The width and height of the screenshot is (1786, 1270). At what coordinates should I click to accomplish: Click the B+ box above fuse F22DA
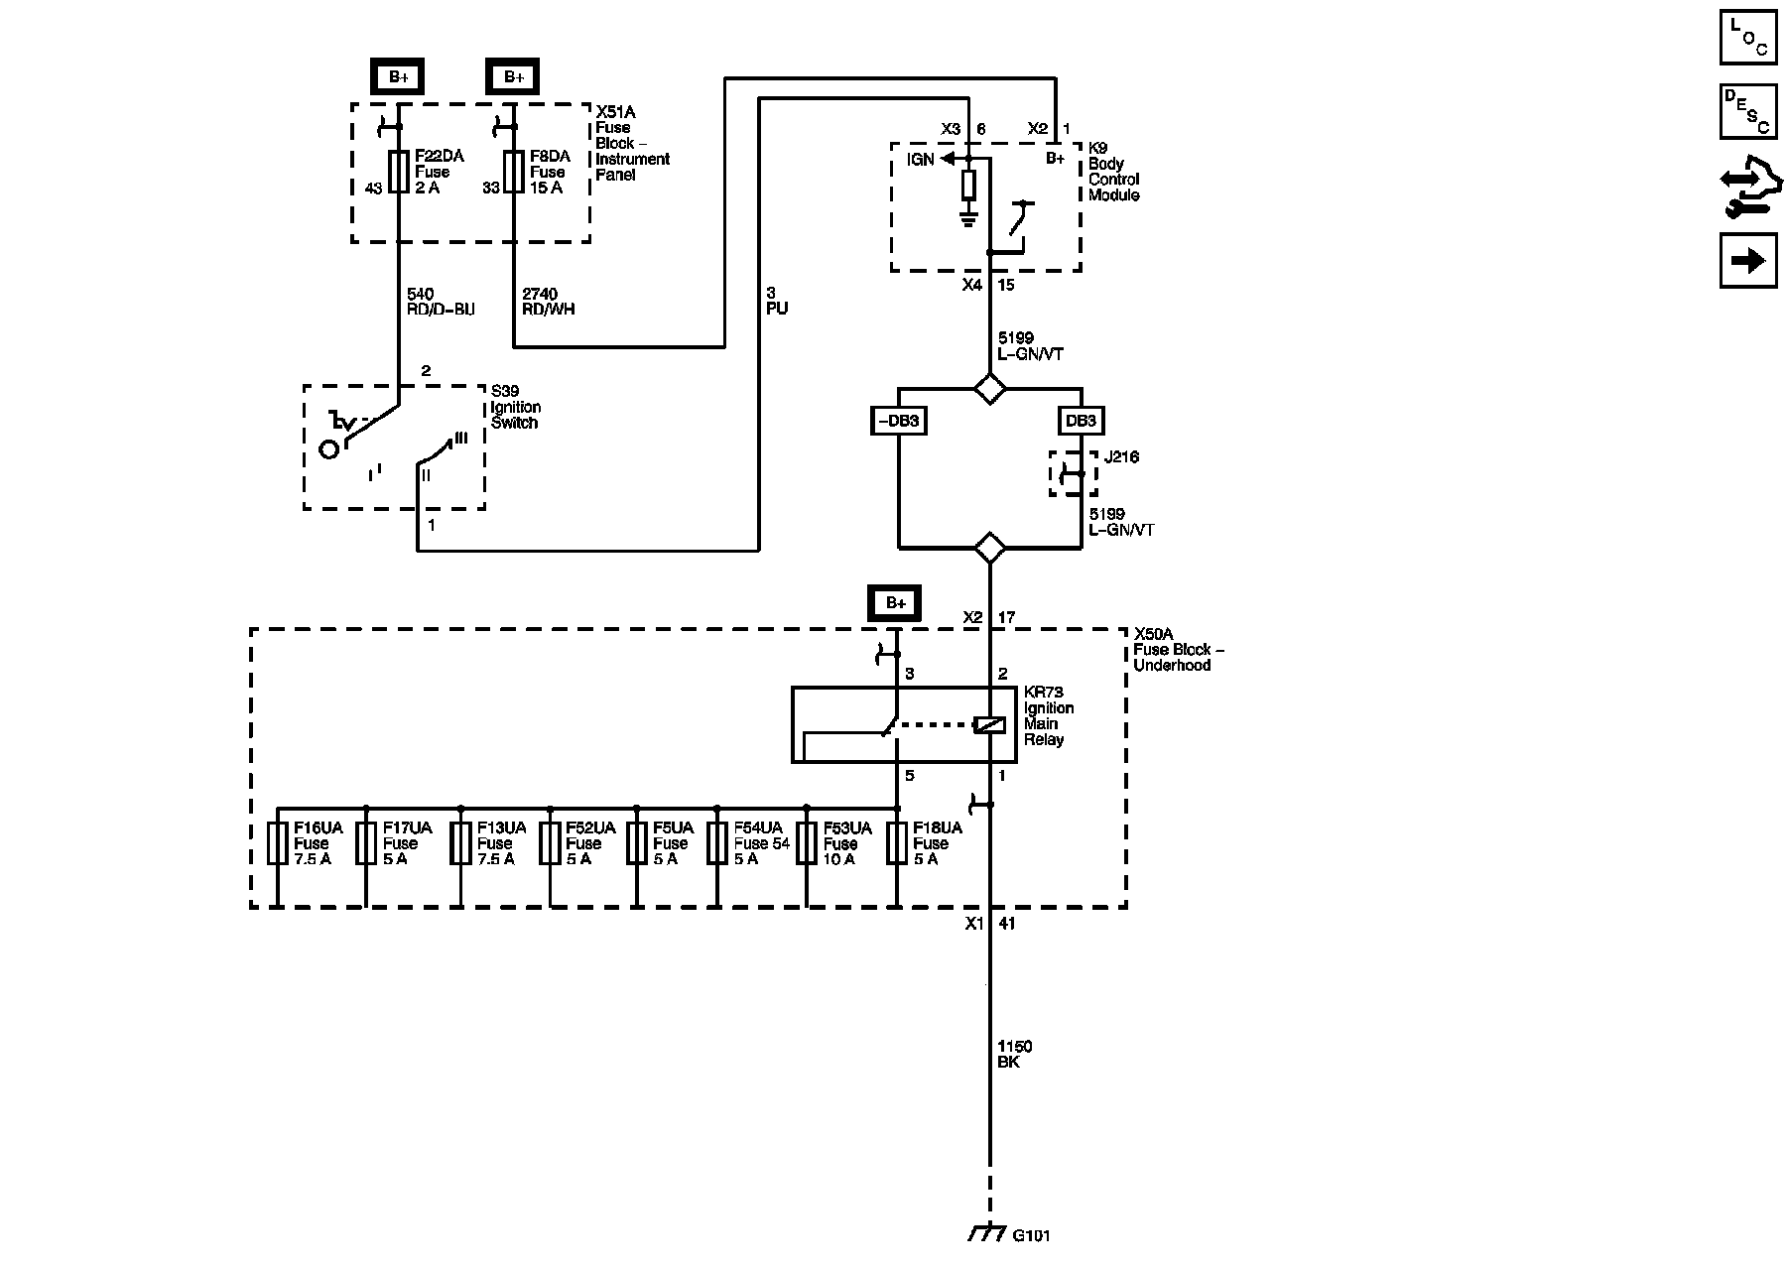[x=398, y=76]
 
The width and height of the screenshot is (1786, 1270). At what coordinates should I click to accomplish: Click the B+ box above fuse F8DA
[x=513, y=76]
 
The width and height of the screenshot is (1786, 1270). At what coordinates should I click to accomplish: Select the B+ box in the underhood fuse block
[x=896, y=602]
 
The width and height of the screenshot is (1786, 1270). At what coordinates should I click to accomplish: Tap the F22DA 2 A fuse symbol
[x=399, y=173]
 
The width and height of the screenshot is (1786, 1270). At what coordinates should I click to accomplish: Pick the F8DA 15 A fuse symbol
[x=514, y=173]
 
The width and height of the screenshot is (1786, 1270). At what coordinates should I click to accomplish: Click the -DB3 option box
[x=898, y=421]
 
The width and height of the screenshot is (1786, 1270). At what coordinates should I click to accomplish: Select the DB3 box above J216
[x=1081, y=421]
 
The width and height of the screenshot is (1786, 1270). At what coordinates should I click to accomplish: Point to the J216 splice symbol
[x=1074, y=474]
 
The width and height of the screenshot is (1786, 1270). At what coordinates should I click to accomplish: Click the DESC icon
[x=1748, y=111]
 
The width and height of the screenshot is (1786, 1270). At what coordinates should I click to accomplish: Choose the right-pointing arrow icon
[x=1748, y=260]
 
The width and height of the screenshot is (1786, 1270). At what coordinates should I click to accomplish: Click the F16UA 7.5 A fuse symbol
[x=278, y=843]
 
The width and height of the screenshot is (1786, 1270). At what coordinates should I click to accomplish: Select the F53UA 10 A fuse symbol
[x=807, y=843]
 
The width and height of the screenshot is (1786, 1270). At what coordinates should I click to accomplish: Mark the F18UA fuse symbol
[x=897, y=843]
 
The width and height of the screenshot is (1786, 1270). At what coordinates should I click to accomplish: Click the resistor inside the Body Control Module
[x=969, y=186]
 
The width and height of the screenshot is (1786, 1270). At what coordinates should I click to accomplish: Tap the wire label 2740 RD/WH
[x=548, y=302]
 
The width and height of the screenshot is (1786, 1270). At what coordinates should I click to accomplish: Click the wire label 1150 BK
[x=1015, y=1054]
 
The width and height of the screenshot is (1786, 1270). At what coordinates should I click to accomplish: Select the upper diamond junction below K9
[x=989, y=388]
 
